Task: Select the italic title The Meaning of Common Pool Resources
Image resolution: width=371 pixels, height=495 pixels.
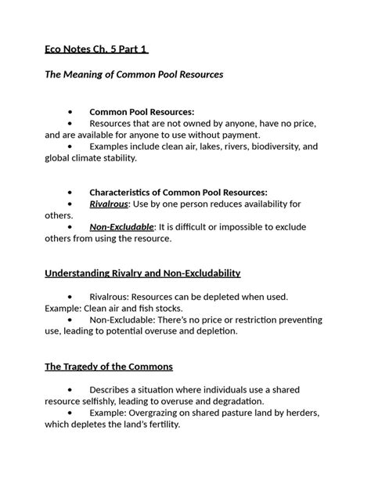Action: click(x=134, y=74)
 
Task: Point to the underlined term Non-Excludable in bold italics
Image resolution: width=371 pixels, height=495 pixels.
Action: click(x=121, y=227)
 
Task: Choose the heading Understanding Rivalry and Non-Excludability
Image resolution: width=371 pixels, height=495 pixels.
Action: click(x=142, y=273)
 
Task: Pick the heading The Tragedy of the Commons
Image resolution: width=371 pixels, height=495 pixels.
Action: click(x=109, y=367)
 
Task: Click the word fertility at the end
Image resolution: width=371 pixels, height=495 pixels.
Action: click(x=160, y=425)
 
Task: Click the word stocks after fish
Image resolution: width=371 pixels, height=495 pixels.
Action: click(x=155, y=308)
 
